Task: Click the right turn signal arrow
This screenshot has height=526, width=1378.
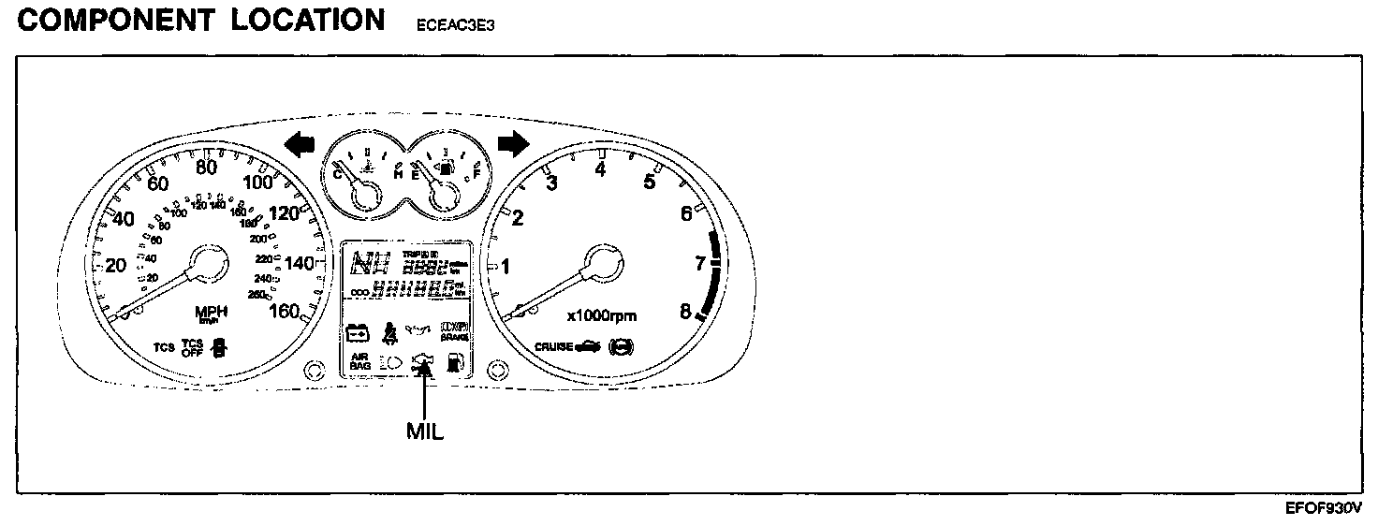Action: pyautogui.click(x=513, y=143)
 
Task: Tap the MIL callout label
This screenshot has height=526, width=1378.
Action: pyautogui.click(x=424, y=431)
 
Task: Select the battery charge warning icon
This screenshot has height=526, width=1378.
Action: pyautogui.click(x=358, y=331)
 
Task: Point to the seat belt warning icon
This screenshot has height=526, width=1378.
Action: pyautogui.click(x=387, y=330)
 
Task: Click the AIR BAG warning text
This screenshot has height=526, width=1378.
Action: pyautogui.click(x=359, y=361)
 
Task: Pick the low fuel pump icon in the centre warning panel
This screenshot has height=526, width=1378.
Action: pyautogui.click(x=453, y=361)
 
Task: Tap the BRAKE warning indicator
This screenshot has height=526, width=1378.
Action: pyautogui.click(x=453, y=330)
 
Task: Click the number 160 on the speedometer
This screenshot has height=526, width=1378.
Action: pyautogui.click(x=284, y=311)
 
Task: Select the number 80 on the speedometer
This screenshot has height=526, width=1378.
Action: pyautogui.click(x=207, y=167)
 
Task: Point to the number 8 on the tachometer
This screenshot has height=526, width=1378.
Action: pyautogui.click(x=685, y=312)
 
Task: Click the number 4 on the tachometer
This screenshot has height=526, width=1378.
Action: pyautogui.click(x=601, y=169)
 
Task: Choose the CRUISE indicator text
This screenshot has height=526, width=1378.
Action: pyautogui.click(x=553, y=346)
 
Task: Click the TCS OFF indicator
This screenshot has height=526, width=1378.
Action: pyautogui.click(x=192, y=348)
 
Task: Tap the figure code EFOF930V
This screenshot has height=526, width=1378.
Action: pyautogui.click(x=1324, y=508)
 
